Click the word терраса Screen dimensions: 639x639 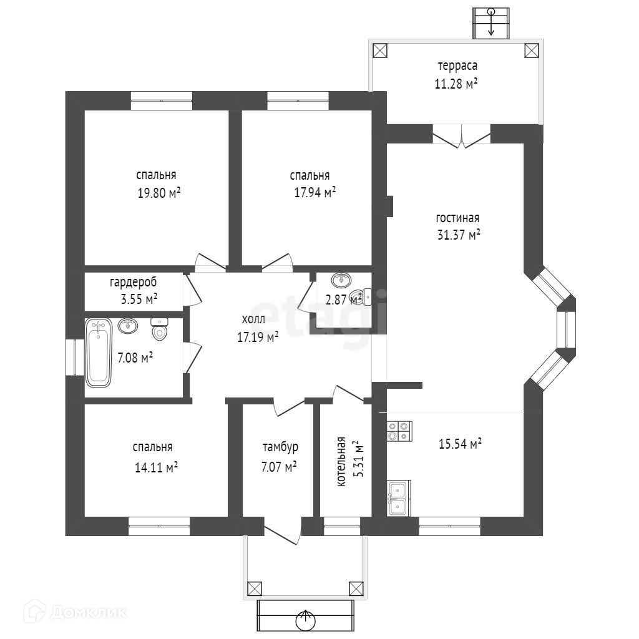coord(457,66)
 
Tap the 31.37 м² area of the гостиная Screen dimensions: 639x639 coord(459,235)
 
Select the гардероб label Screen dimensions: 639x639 coord(133,282)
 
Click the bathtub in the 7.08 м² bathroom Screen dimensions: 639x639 coord(98,353)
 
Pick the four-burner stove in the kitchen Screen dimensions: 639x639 coord(399,431)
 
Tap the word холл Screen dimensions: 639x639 coord(253,319)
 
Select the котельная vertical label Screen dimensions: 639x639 coord(341,461)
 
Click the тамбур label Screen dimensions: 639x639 coord(280,447)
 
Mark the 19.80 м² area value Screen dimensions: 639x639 coord(159,193)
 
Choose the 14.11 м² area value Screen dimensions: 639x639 coord(156,467)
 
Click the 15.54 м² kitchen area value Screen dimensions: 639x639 coord(460,444)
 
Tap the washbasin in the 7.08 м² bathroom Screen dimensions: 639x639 coord(128,326)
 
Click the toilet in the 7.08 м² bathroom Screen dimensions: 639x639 coord(160,329)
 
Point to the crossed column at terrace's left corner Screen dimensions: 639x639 coord(380,51)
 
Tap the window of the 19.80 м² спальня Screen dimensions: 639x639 coord(162,100)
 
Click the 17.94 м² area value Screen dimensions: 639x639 coord(315,192)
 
